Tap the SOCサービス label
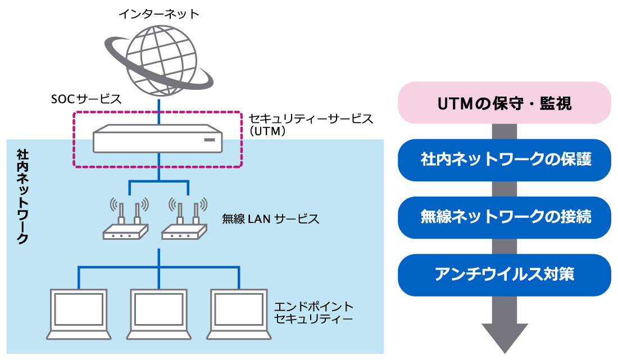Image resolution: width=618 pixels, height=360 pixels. [x=85, y=99]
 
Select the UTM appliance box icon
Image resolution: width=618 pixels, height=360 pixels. [x=158, y=139]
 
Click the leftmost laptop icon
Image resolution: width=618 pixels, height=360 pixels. [x=78, y=315]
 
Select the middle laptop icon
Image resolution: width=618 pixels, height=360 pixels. [x=159, y=315]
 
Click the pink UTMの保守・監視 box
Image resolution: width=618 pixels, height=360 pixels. [x=504, y=103]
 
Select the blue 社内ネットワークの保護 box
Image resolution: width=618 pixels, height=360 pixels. [x=504, y=160]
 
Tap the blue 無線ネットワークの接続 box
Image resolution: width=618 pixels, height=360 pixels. [x=504, y=217]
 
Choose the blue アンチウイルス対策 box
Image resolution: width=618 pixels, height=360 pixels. [x=504, y=275]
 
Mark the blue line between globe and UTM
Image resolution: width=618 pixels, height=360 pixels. [x=160, y=110]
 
